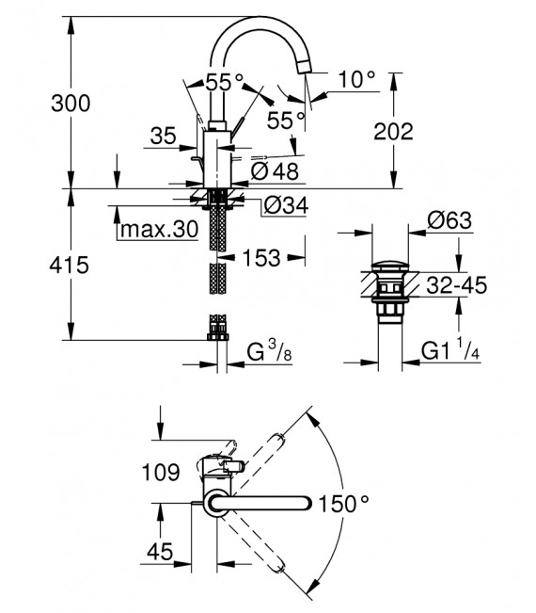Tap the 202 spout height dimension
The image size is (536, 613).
[393, 133]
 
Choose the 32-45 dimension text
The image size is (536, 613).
[452, 283]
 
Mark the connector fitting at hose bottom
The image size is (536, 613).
[219, 331]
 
